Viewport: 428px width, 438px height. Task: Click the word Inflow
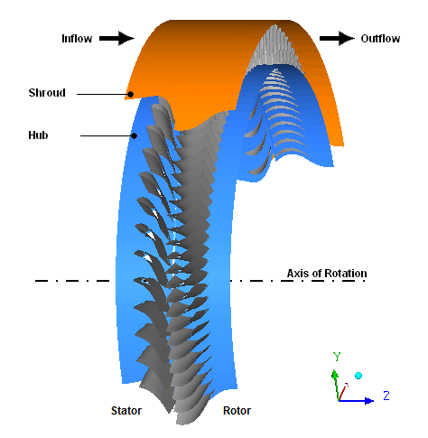coord(77,39)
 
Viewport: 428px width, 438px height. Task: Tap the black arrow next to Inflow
coord(116,38)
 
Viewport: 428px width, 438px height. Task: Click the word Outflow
coord(380,39)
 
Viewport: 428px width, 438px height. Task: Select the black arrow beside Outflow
coord(337,38)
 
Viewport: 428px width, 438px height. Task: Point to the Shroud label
coord(47,93)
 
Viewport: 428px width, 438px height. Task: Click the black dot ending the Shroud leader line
coord(130,95)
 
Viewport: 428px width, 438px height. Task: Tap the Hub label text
coord(38,135)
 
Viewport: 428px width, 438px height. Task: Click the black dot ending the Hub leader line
coord(135,136)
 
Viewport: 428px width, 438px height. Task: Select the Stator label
coord(126,411)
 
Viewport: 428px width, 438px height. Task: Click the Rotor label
coord(237,411)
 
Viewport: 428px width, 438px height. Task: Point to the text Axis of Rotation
coord(327,274)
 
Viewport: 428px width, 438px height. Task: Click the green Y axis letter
coord(337,357)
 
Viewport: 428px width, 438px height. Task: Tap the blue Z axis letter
coord(386,396)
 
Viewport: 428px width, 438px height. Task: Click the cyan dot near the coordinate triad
coord(358,376)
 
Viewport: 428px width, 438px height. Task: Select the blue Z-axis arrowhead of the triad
coord(369,401)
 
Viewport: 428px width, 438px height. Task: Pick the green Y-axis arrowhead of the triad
coord(335,375)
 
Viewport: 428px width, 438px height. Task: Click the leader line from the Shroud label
coord(102,95)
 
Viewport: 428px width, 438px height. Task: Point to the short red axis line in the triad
coord(343,392)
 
